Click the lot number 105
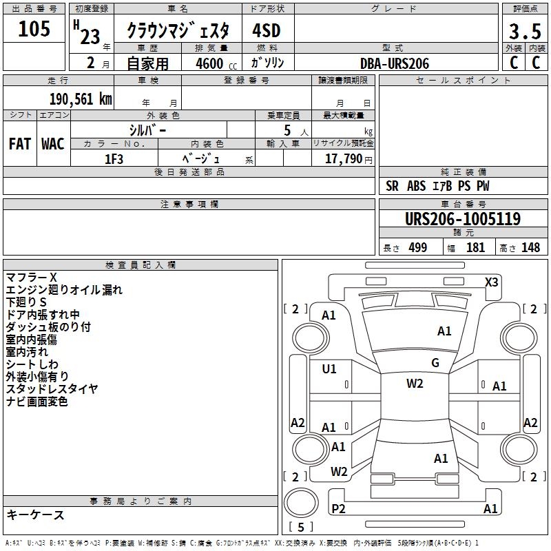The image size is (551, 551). [x=34, y=28]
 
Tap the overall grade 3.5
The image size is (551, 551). [x=525, y=32]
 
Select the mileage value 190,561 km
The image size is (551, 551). [x=81, y=99]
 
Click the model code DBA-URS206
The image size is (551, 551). [x=395, y=63]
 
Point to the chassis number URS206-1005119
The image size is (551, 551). [x=463, y=218]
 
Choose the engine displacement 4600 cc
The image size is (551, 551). [x=216, y=63]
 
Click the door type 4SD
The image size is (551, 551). [x=267, y=30]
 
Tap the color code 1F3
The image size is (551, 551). [x=114, y=159]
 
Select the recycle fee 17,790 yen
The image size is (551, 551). [x=349, y=159]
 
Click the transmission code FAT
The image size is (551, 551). [x=20, y=144]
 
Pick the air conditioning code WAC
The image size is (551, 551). [x=53, y=144]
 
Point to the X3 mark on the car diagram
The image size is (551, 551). [x=491, y=282]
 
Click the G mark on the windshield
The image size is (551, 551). [x=435, y=363]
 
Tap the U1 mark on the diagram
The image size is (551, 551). [x=329, y=369]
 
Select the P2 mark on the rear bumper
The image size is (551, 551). [x=338, y=508]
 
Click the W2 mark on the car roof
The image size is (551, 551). [x=415, y=384]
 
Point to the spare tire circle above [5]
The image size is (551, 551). [x=301, y=503]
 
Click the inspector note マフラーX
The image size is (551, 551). [x=31, y=278]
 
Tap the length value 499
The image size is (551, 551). [x=418, y=248]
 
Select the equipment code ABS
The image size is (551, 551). [x=416, y=186]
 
